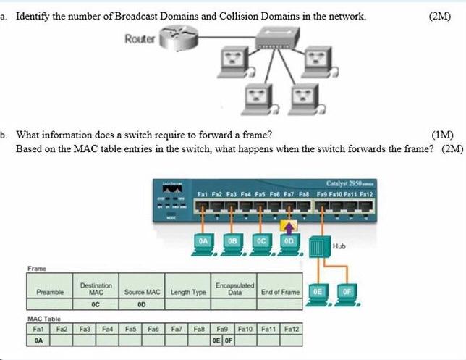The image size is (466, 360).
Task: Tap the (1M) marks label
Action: coord(442,135)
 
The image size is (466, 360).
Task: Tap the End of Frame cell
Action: coord(280,291)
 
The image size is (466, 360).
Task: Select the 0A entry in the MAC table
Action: coord(38,340)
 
